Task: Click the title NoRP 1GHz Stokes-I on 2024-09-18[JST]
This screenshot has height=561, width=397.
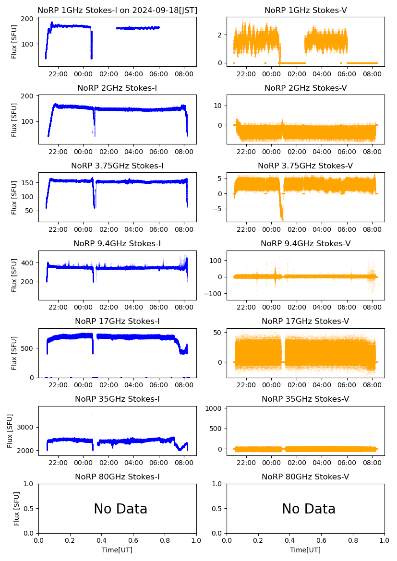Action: (x=117, y=10)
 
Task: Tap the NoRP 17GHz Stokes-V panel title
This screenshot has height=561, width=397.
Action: (x=305, y=321)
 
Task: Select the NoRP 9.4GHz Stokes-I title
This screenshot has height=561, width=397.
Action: (x=117, y=243)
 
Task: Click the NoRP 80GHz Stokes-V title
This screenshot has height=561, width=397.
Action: (x=305, y=477)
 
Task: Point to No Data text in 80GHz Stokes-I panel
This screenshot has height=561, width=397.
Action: (x=120, y=509)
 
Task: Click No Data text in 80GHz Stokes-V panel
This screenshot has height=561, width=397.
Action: (x=308, y=509)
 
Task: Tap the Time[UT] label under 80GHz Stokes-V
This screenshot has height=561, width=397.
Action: (x=305, y=550)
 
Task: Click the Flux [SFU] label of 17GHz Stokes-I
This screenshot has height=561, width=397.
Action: (x=14, y=353)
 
